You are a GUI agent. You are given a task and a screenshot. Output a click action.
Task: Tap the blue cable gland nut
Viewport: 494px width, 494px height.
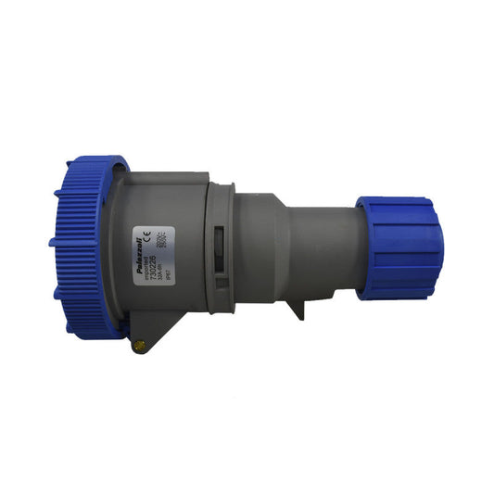point(399,247)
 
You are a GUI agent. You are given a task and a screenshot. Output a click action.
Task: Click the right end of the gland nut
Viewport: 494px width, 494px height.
point(437,247)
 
